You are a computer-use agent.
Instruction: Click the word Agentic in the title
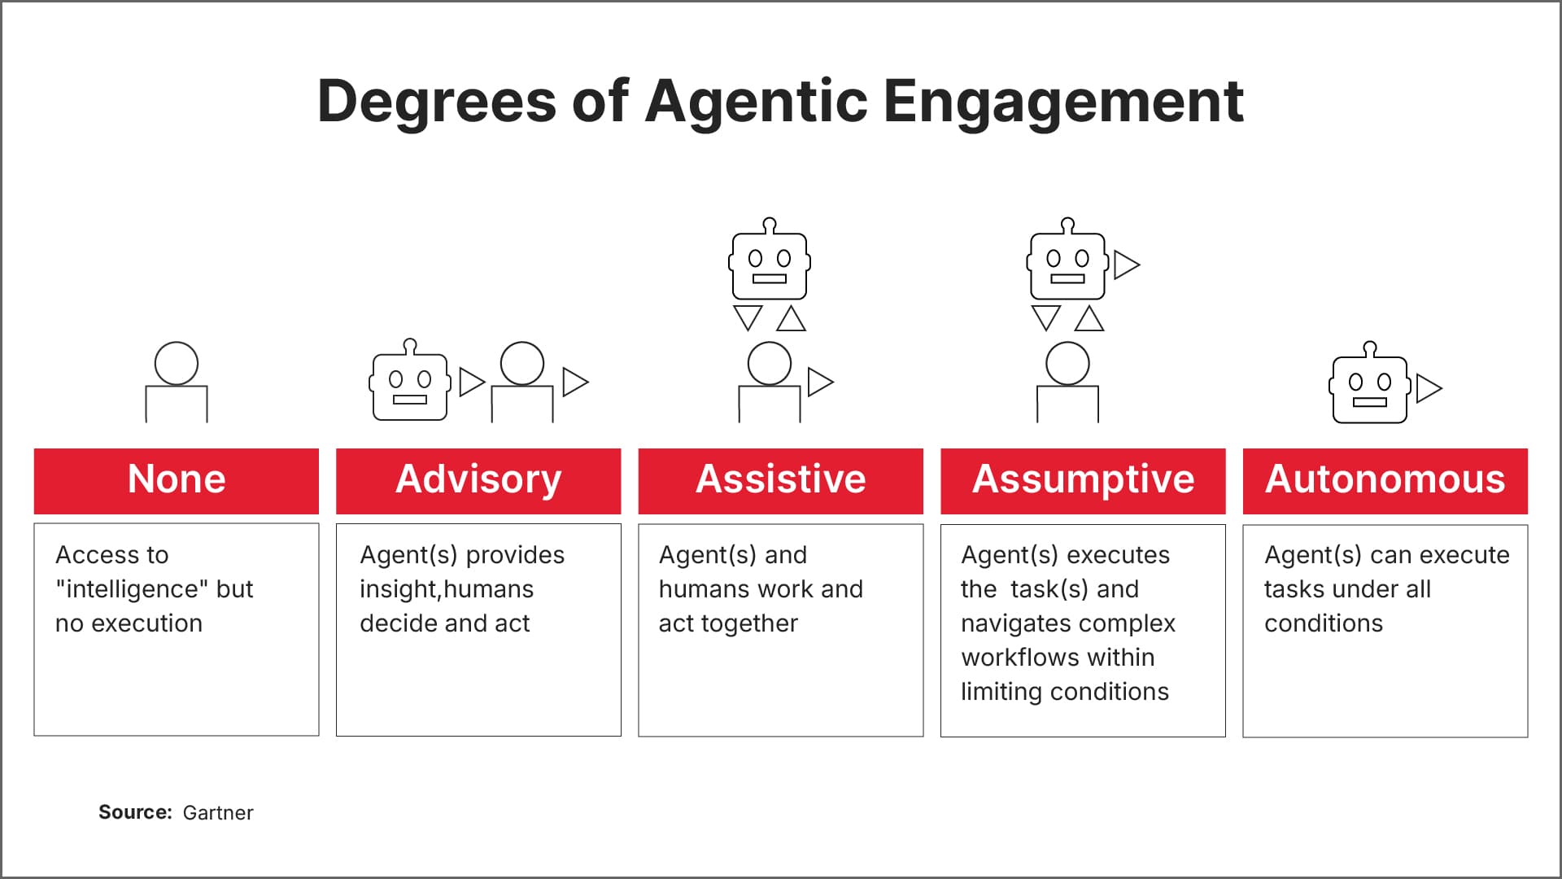click(757, 102)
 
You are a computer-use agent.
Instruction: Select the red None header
click(177, 480)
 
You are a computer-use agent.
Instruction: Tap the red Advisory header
click(478, 480)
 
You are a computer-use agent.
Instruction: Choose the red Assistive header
click(780, 480)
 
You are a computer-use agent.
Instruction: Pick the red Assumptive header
click(1083, 480)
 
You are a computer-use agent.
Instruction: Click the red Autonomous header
click(1385, 480)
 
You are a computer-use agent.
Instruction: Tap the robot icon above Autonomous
click(1370, 385)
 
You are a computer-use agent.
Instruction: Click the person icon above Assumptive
click(1067, 383)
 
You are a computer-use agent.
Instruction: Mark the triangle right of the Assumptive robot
click(1126, 265)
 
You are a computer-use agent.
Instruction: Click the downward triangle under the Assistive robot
click(748, 317)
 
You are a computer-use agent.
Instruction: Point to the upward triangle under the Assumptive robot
click(1089, 319)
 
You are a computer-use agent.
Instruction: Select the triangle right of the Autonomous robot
click(1428, 388)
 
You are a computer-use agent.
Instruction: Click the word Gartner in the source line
click(218, 813)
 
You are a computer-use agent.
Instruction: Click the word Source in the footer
click(134, 812)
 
